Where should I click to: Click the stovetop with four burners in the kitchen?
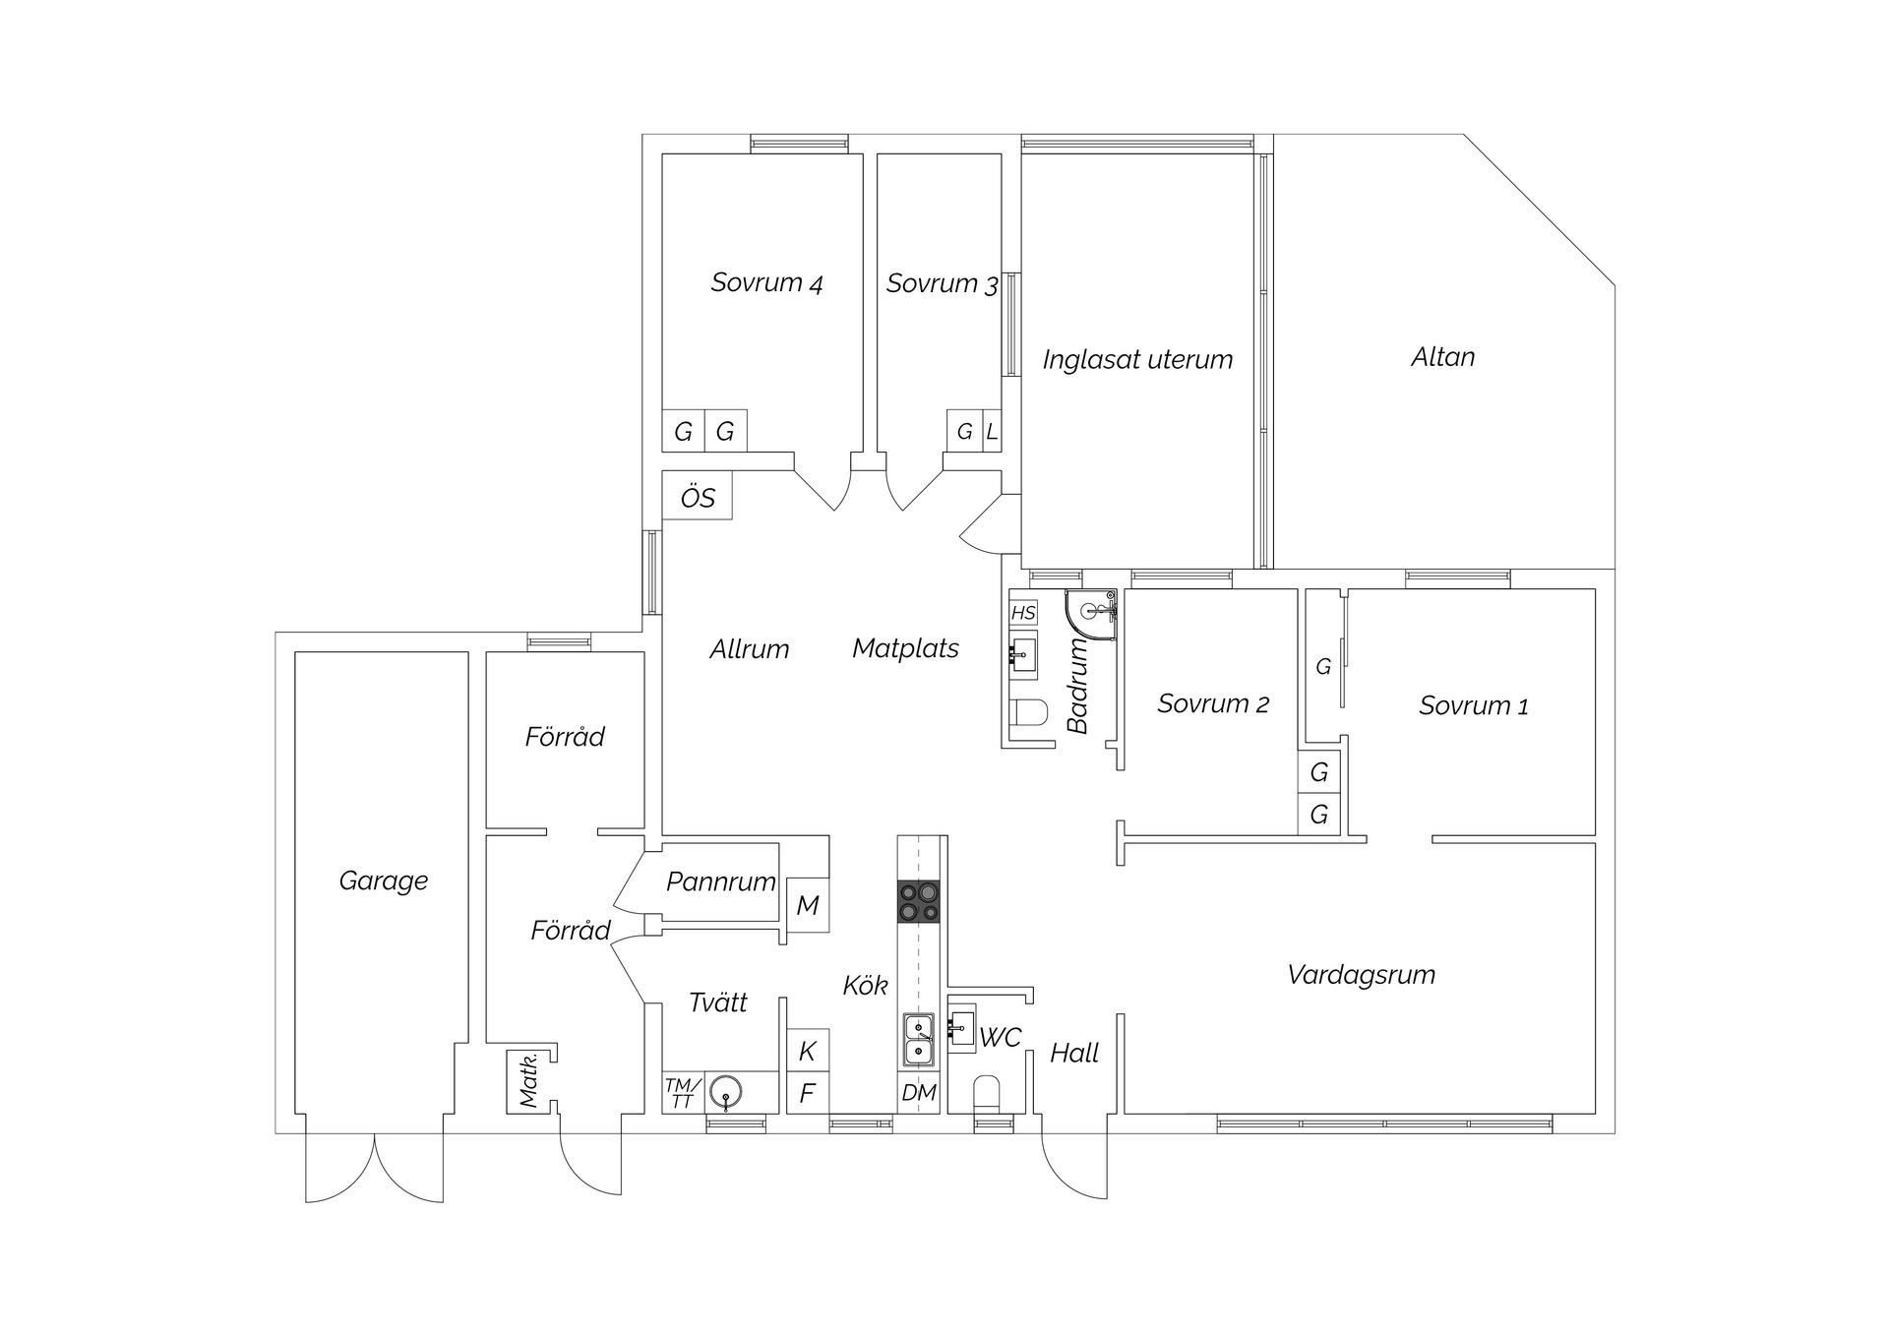click(x=918, y=902)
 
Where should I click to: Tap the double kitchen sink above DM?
click(x=919, y=1041)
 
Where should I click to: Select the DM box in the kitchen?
click(x=919, y=1092)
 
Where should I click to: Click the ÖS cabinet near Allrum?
click(x=698, y=497)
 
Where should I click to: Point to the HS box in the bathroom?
click(x=1023, y=613)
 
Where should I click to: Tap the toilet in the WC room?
click(x=986, y=1095)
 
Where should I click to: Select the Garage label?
click(x=383, y=880)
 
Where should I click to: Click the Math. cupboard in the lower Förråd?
click(x=527, y=1082)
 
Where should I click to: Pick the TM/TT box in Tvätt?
click(x=682, y=1093)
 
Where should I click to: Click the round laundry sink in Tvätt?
click(x=726, y=1092)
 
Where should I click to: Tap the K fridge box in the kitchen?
click(x=807, y=1051)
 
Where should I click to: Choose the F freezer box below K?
click(x=807, y=1093)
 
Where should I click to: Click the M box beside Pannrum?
click(x=807, y=905)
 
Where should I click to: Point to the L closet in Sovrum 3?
click(x=992, y=431)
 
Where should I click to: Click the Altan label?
click(x=1442, y=357)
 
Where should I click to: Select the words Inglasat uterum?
click(x=1137, y=360)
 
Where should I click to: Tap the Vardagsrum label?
click(x=1361, y=975)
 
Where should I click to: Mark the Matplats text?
click(x=905, y=648)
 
